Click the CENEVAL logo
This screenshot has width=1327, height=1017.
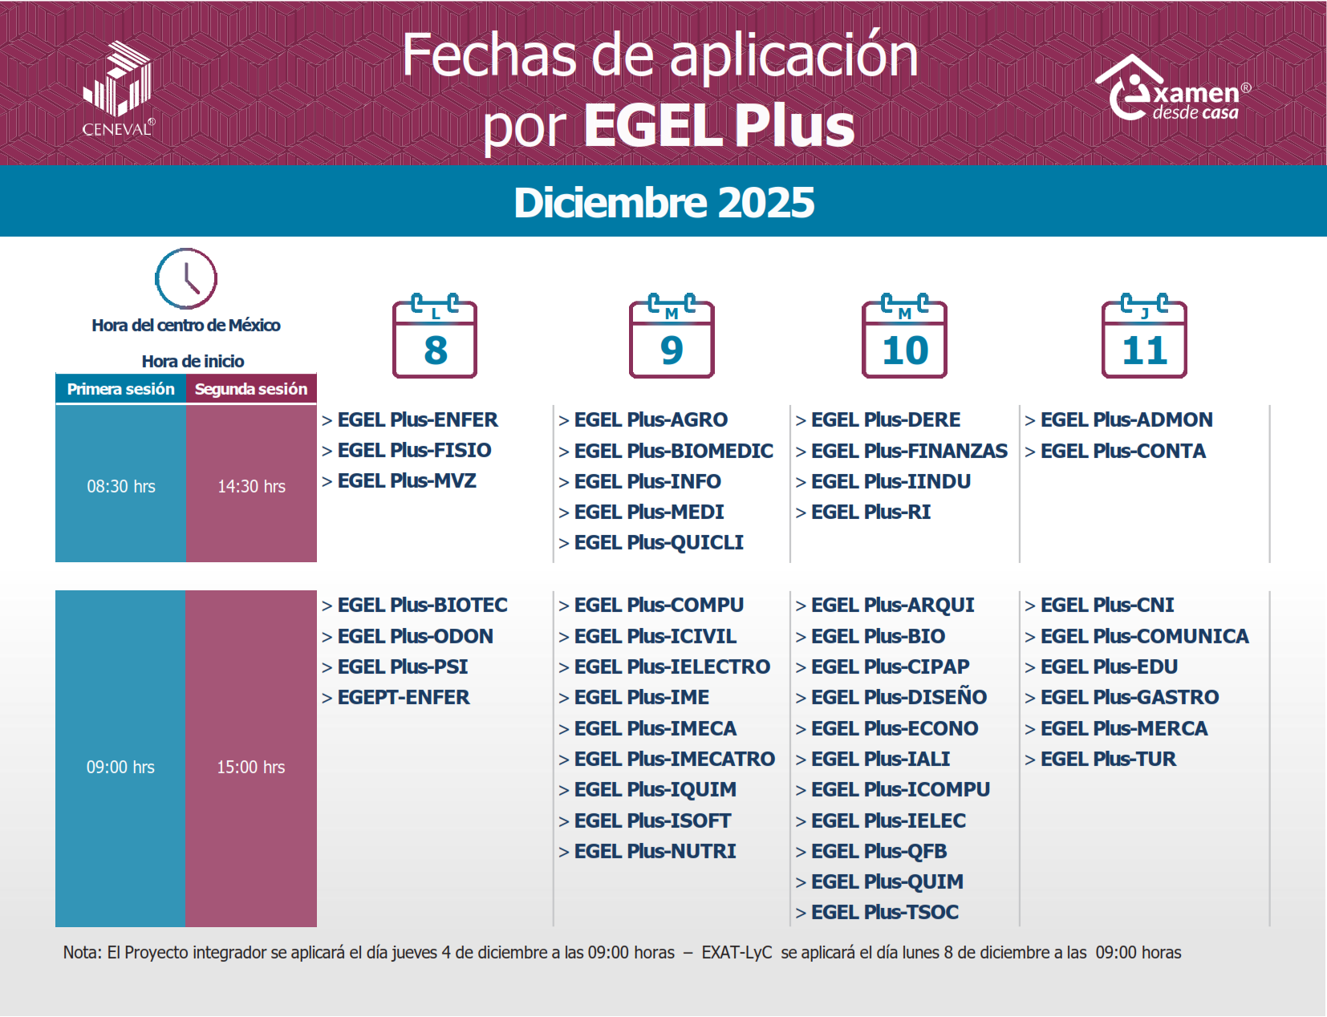coord(118,88)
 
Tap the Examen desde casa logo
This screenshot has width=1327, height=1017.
coord(1171,90)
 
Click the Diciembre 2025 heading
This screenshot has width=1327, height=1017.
coord(663,202)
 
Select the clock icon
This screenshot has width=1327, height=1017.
coord(186,278)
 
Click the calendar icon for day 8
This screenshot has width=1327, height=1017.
coord(435,337)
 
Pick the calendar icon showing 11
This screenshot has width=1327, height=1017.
coord(1144,337)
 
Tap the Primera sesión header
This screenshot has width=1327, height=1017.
coord(120,389)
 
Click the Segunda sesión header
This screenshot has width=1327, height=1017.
coord(251,389)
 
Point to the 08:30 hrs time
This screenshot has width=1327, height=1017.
coord(121,486)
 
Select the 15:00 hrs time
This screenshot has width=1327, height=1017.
coord(251,767)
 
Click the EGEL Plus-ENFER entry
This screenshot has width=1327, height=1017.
coord(417,419)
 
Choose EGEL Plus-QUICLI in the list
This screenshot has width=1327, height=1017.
coord(659,543)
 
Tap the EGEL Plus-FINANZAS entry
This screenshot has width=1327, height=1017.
coord(909,451)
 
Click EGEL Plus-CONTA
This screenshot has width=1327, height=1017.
coord(1122,451)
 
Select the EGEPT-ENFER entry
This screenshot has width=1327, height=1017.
coord(404,698)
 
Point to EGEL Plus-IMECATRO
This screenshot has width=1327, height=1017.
coord(674,759)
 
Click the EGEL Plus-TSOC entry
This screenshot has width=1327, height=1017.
coord(884,912)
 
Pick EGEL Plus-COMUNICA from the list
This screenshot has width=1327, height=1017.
coord(1144,636)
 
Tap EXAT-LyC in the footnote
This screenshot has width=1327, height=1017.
coord(737,952)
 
